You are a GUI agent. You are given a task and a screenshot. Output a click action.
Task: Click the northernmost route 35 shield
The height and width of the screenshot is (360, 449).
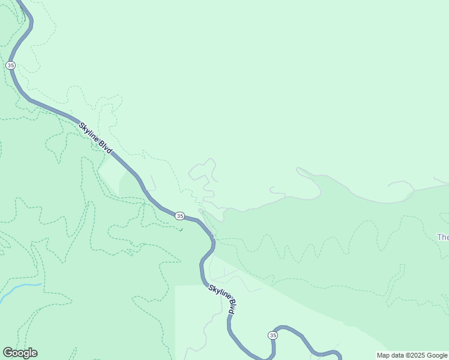point(10,65)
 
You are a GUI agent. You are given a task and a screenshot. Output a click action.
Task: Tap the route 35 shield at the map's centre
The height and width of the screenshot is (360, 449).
point(179,215)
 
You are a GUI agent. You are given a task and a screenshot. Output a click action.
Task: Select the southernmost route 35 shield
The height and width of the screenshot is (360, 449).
point(273,335)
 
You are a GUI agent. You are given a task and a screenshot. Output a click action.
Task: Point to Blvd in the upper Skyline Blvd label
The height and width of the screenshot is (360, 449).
point(106,148)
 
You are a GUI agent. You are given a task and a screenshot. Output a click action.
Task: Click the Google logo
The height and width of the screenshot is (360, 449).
point(20,353)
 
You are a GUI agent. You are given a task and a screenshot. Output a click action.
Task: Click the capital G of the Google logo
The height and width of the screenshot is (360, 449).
point(8,352)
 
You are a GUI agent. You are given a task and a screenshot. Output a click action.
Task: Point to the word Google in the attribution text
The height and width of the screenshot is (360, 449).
point(438,355)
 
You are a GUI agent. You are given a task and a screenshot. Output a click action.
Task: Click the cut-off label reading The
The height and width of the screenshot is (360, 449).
point(443,237)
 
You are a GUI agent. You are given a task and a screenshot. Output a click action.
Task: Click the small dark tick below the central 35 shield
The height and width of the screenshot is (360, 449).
point(181,230)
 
